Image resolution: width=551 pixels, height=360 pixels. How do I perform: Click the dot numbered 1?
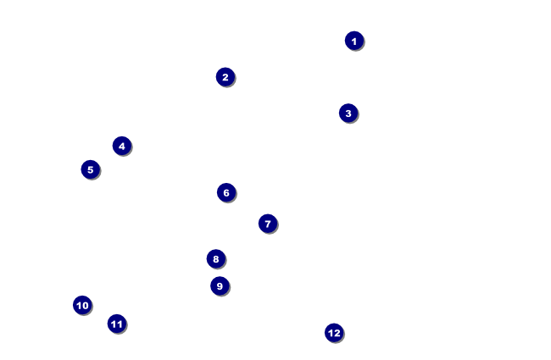tap(354, 41)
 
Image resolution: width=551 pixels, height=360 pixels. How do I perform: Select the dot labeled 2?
tap(225, 77)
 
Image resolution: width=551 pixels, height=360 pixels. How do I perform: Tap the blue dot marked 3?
tap(348, 114)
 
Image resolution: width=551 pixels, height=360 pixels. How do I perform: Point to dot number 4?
tap(122, 146)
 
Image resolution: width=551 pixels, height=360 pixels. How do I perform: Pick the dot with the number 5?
tap(91, 169)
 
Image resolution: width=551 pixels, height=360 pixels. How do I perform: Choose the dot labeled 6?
tap(226, 192)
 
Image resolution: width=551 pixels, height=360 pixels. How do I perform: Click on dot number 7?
tap(268, 224)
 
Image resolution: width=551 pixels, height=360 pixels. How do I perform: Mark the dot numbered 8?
tap(216, 259)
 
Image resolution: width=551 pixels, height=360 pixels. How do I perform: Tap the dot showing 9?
tap(220, 286)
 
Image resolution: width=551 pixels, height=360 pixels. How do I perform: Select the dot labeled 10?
tap(82, 305)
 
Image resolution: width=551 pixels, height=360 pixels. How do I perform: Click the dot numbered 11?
tap(117, 324)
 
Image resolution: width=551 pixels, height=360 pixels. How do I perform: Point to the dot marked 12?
tap(334, 333)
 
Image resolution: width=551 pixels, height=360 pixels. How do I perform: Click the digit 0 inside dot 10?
tap(85, 306)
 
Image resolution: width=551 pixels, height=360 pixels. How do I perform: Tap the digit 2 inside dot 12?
tap(337, 333)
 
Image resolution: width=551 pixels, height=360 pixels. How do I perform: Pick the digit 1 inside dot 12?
tap(331, 333)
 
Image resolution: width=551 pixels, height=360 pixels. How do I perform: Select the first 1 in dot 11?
tap(114, 324)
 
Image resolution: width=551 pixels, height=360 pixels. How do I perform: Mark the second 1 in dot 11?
tap(120, 324)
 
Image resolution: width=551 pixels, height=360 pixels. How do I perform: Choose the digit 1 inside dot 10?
tap(79, 306)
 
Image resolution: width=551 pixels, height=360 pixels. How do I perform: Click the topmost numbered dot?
tap(354, 41)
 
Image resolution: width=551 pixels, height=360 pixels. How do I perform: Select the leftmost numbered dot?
tap(82, 305)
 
